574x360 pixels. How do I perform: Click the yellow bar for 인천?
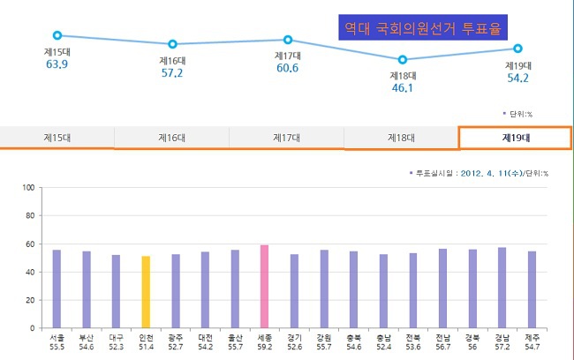click(146, 291)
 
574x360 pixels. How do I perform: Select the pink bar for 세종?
click(264, 286)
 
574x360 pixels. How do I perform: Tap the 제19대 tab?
click(515, 138)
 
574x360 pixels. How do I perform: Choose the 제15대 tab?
click(57, 138)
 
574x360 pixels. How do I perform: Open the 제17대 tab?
click(286, 138)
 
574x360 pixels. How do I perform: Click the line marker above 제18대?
click(403, 59)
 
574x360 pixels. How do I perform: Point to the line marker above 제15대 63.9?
click(57, 35)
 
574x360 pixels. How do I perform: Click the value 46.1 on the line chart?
click(403, 88)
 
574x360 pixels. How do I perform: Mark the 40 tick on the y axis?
click(29, 272)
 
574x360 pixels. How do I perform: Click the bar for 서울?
click(57, 289)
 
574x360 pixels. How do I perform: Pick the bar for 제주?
click(532, 289)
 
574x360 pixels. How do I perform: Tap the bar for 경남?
click(502, 287)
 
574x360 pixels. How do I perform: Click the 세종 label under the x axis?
click(264, 336)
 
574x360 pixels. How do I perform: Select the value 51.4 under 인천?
click(146, 348)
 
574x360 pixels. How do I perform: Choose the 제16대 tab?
click(171, 138)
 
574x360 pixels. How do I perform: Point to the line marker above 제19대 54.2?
click(518, 49)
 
